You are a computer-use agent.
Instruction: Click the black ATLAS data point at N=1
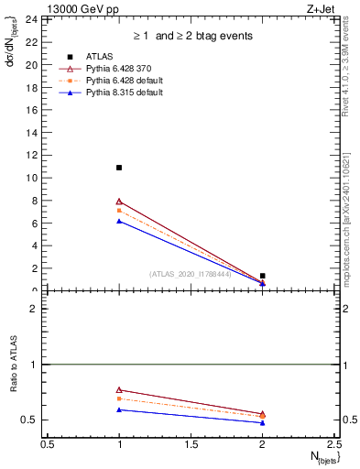point(119,168)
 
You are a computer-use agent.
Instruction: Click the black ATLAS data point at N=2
point(263,276)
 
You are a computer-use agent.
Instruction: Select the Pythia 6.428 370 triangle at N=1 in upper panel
point(119,202)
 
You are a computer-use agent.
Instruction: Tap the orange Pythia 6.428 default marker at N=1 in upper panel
point(119,211)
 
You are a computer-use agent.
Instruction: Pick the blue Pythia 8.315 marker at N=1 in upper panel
point(119,221)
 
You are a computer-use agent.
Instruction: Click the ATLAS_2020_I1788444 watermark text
point(191,274)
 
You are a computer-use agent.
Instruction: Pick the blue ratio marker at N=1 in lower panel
point(119,409)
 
